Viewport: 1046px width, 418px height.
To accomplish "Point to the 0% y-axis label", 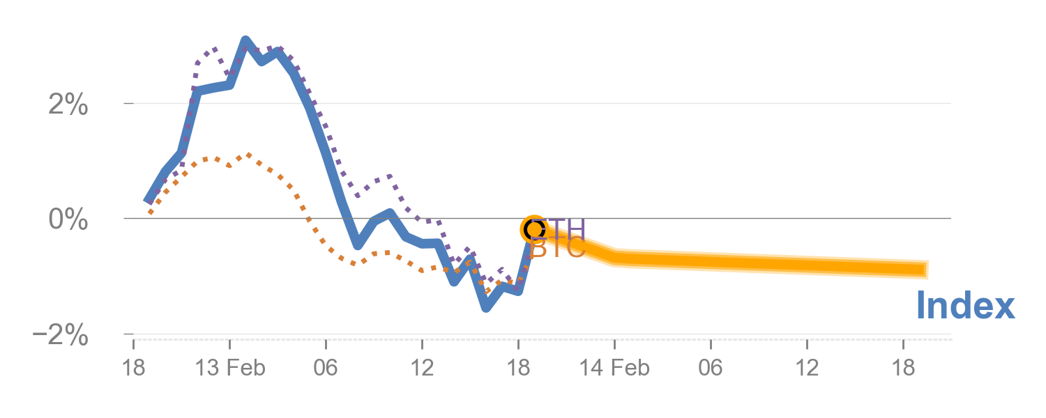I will [x=68, y=220].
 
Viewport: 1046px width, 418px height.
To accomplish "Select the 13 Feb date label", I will [x=230, y=368].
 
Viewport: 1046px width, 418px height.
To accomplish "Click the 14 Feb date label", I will [x=614, y=368].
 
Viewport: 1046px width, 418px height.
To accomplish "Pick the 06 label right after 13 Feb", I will [x=326, y=368].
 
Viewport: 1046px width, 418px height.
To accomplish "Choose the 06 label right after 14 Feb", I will [x=711, y=368].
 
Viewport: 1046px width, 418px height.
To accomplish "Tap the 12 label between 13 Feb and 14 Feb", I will [x=422, y=368].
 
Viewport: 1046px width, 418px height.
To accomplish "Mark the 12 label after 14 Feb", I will [x=807, y=368].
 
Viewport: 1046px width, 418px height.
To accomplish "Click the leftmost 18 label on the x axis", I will [x=133, y=368].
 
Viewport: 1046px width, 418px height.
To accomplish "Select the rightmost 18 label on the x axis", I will [x=903, y=368].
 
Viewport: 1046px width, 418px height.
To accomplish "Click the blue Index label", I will [x=964, y=307].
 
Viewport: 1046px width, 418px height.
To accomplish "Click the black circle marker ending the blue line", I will [x=533, y=229].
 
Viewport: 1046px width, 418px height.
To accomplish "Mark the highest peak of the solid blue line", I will [x=245, y=40].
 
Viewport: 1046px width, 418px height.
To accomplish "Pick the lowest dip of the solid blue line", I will [x=486, y=307].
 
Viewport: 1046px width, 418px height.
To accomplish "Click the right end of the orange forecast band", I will [x=928, y=269].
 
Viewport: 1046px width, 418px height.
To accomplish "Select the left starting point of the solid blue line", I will [x=148, y=201].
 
